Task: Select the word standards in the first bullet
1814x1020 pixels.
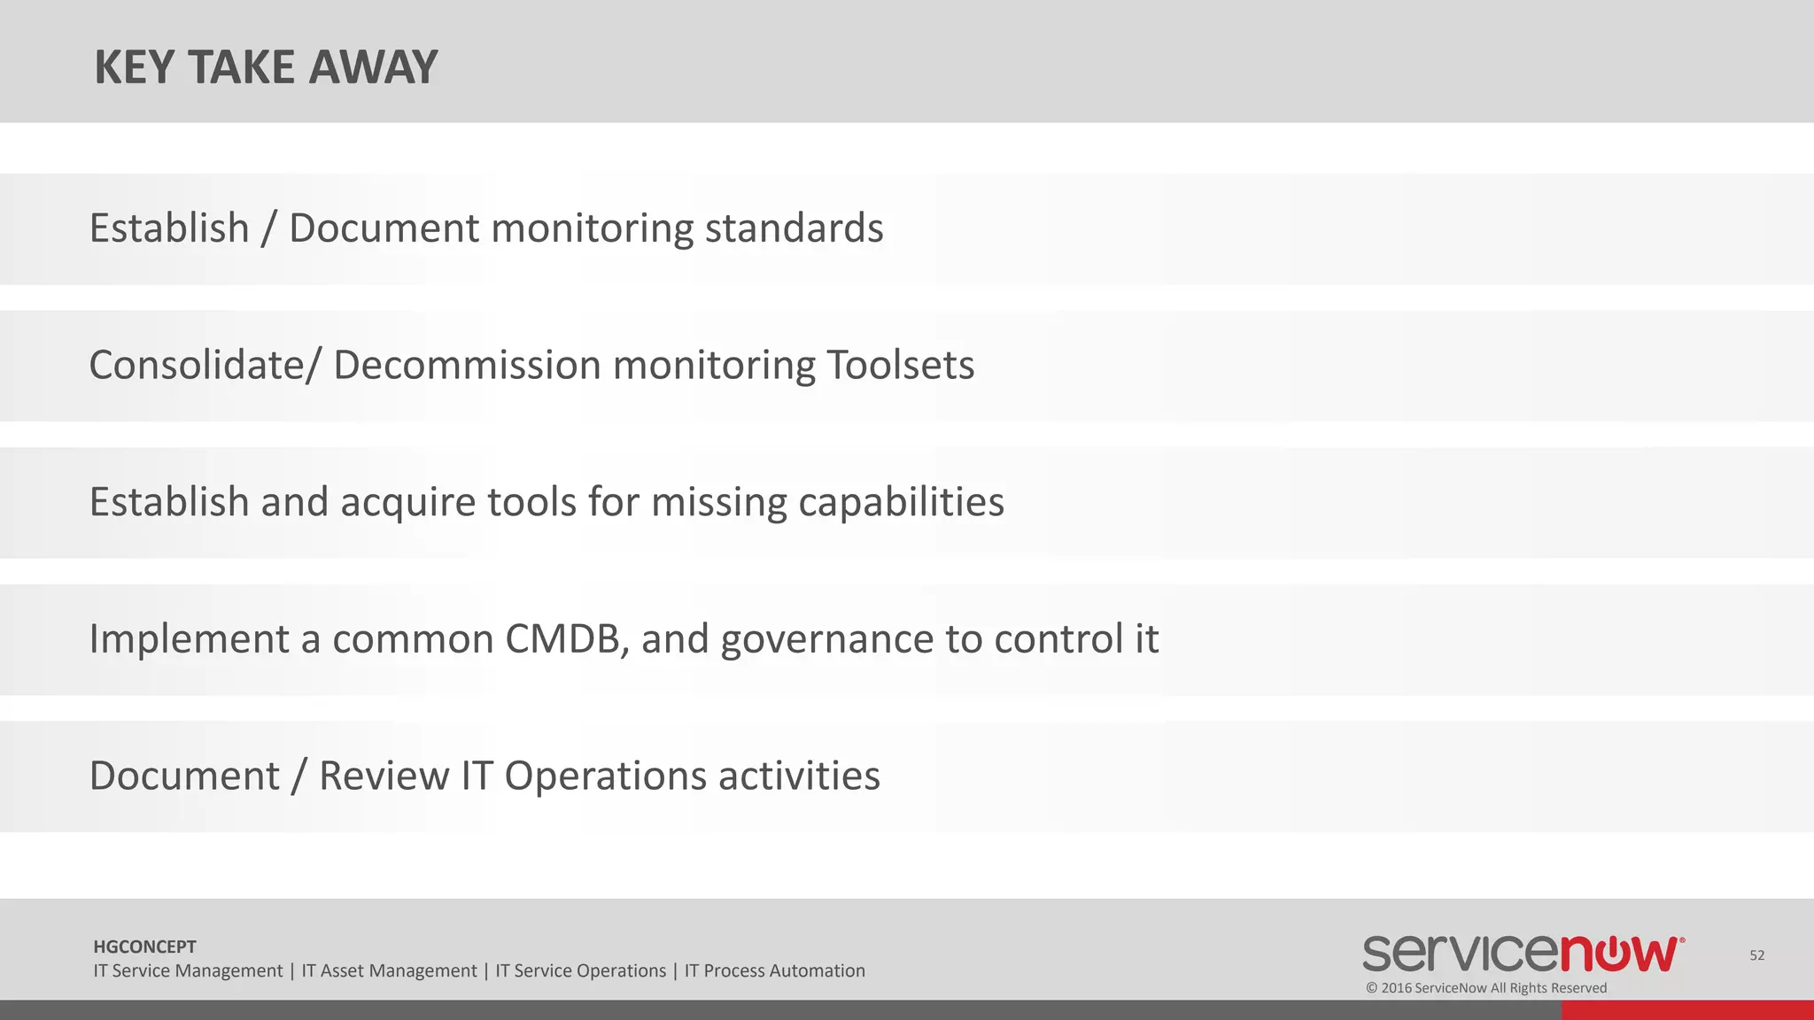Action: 794,228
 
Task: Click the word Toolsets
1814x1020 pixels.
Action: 900,366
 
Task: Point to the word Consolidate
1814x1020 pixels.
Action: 197,366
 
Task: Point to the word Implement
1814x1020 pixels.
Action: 189,639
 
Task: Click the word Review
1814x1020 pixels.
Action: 384,777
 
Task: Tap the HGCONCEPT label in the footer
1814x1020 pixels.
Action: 144,947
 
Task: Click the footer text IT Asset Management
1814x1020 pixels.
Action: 389,970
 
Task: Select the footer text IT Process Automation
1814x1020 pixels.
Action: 774,970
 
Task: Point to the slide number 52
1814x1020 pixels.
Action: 1757,954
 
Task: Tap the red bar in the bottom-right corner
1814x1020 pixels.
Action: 1686,1009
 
